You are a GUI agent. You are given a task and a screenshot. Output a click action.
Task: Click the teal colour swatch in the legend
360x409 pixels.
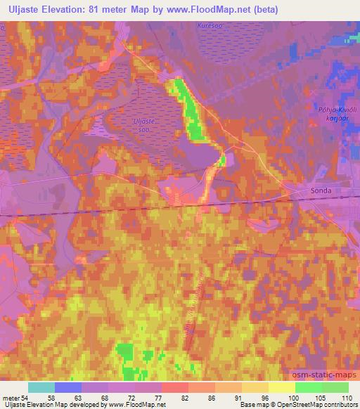[41, 387]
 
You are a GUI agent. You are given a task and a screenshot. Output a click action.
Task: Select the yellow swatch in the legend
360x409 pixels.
[281, 387]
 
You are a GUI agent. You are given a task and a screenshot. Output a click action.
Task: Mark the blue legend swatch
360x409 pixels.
[68, 387]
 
